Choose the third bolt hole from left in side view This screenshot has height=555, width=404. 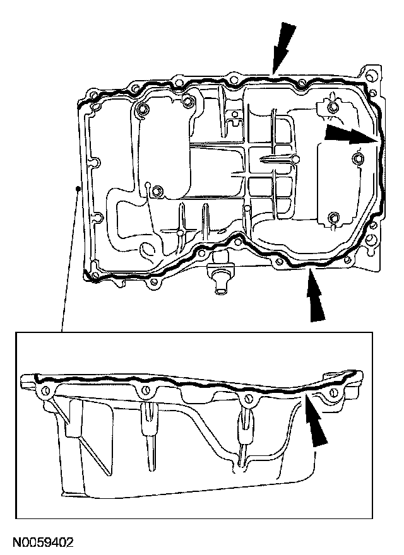(248, 398)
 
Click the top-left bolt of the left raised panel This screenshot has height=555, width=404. (143, 111)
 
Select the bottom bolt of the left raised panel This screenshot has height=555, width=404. (157, 190)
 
